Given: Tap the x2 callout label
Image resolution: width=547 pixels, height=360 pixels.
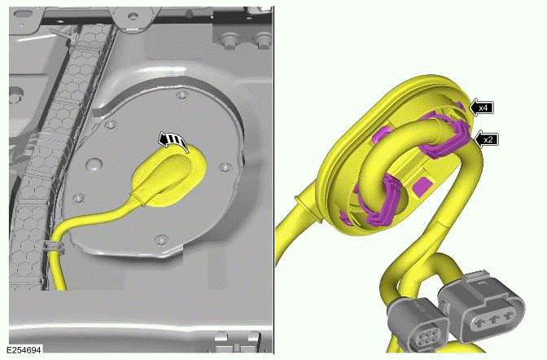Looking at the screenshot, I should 488,139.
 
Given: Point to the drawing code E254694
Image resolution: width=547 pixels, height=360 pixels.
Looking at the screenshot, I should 23,349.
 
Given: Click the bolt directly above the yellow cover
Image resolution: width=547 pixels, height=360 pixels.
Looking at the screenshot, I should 181,98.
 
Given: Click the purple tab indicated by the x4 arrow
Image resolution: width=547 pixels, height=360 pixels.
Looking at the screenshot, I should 461,110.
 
